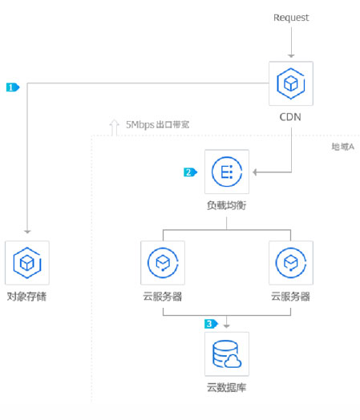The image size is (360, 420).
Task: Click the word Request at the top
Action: (291, 18)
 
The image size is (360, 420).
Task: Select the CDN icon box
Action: (291, 83)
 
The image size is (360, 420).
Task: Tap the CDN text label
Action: (291, 118)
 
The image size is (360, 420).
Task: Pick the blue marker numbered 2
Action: (190, 172)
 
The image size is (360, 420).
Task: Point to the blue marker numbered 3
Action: (211, 324)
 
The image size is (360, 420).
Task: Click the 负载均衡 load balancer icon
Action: (227, 172)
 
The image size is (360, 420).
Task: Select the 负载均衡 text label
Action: (227, 206)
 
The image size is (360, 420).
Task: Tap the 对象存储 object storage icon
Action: (27, 263)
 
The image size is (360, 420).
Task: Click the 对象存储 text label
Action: (27, 297)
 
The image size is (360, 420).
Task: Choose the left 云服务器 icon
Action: (163, 263)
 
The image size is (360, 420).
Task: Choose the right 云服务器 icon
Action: (290, 263)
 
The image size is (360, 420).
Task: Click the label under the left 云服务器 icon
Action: (163, 297)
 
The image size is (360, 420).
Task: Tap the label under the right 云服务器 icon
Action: (290, 297)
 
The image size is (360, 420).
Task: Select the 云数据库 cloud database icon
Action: (227, 353)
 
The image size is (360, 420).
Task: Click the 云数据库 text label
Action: (227, 388)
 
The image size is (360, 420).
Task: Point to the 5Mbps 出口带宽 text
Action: (158, 125)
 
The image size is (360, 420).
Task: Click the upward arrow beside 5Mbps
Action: (114, 126)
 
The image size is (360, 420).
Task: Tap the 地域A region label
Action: (342, 147)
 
